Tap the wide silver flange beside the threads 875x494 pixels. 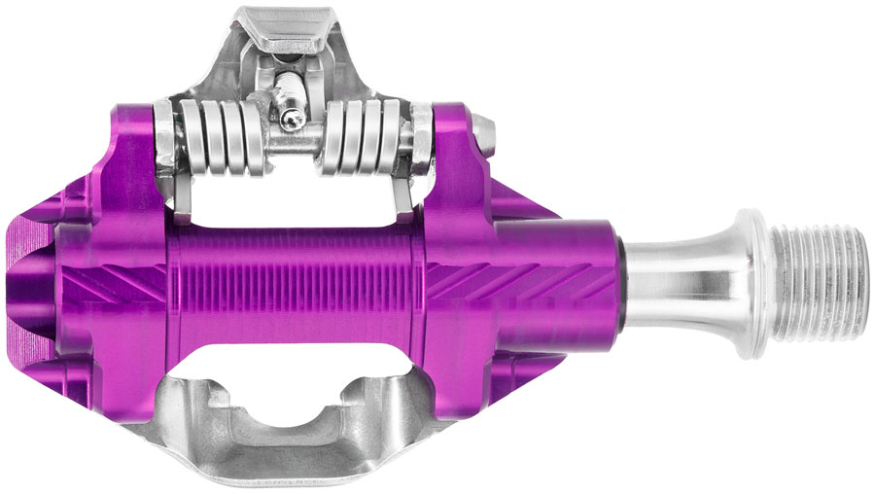(752, 282)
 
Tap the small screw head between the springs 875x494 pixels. (293, 120)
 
